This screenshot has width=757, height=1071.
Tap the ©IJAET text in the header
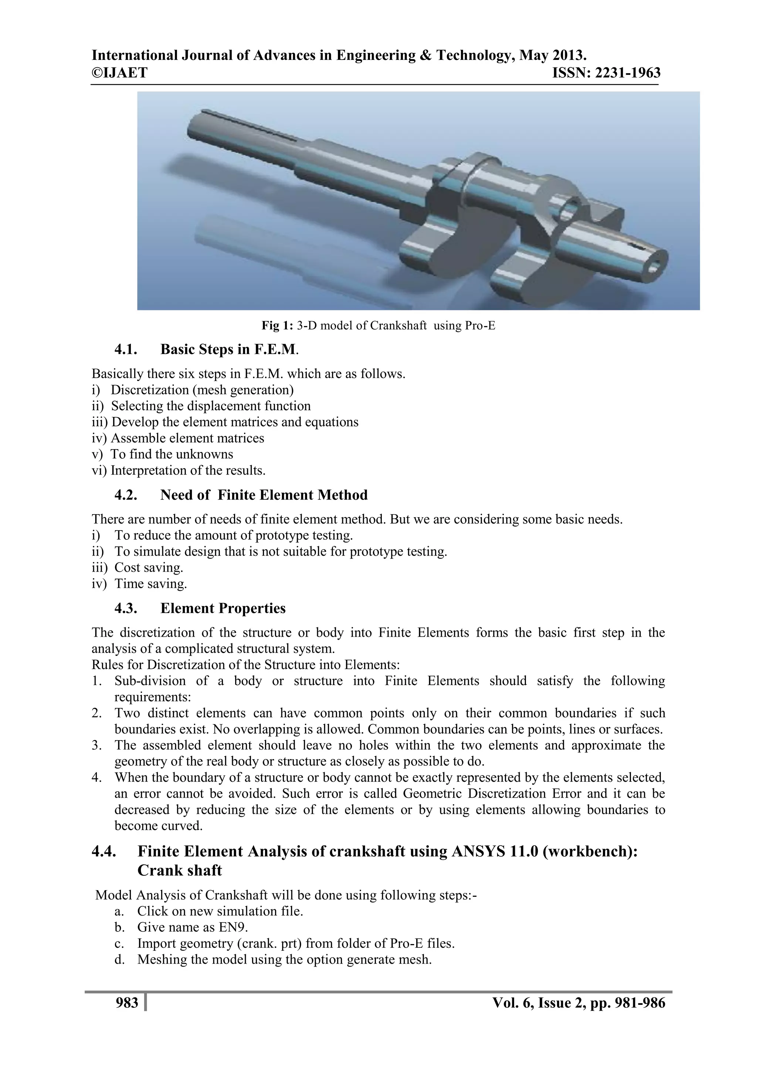pyautogui.click(x=119, y=73)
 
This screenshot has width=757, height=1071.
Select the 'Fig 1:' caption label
pyautogui.click(x=277, y=326)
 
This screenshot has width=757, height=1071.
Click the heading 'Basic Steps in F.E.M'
pyautogui.click(x=228, y=349)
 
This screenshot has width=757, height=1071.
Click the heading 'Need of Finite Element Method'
pyautogui.click(x=264, y=495)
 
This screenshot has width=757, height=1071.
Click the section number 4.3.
pyautogui.click(x=126, y=608)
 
